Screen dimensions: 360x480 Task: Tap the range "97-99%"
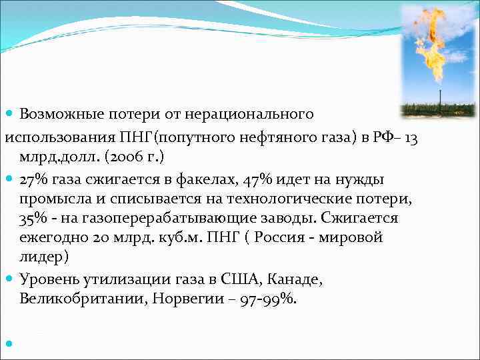coord(271,299)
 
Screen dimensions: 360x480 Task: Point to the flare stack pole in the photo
coord(439,97)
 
